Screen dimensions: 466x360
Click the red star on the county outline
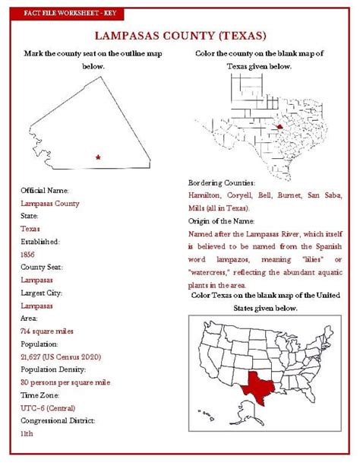[x=98, y=157]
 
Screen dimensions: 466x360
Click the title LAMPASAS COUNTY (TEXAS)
[x=180, y=35]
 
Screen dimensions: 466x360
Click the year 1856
[x=27, y=255]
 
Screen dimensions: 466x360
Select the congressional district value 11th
[x=27, y=434]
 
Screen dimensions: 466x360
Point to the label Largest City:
[x=43, y=293]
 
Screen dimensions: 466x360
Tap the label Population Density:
[x=58, y=370]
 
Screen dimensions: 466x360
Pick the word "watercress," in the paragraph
[x=212, y=271]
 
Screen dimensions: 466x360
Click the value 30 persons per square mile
[x=65, y=382]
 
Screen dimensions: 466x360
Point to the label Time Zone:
[x=40, y=395]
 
